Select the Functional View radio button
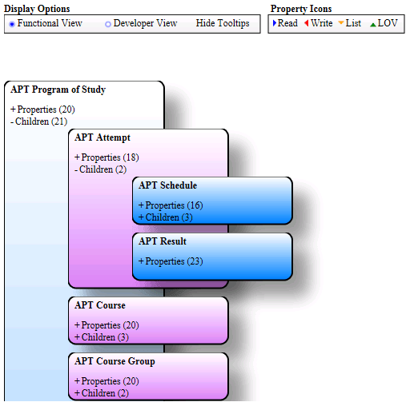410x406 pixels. (12, 24)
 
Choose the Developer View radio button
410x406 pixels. (108, 24)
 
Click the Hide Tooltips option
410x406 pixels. (222, 23)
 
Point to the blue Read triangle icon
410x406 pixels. (275, 23)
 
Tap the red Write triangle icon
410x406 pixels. (307, 23)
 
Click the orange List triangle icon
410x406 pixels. (341, 23)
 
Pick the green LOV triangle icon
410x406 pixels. (373, 24)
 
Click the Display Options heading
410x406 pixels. (37, 9)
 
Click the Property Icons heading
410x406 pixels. (301, 9)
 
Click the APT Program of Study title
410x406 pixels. (58, 90)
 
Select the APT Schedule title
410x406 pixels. (167, 185)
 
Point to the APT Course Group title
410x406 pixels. (115, 361)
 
